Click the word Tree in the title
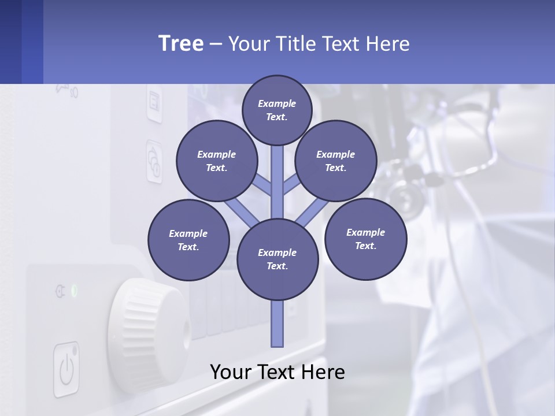(x=181, y=43)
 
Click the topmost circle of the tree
(x=277, y=110)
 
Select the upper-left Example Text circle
(x=217, y=161)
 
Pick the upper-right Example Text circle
(x=336, y=161)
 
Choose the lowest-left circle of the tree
(x=188, y=240)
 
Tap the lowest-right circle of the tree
(x=365, y=239)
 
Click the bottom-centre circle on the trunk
(x=277, y=259)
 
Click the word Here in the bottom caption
(x=321, y=372)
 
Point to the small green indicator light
(x=74, y=290)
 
